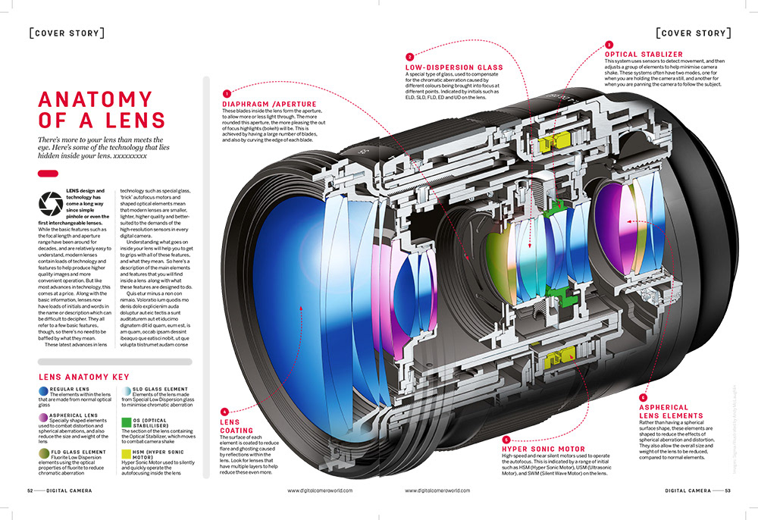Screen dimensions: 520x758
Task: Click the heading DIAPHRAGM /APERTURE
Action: pyautogui.click(x=269, y=104)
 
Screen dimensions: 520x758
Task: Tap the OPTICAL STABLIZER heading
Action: pyautogui.click(x=644, y=55)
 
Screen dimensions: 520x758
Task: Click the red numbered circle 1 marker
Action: pyautogui.click(x=226, y=93)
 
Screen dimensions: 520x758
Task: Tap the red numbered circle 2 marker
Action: pyautogui.click(x=409, y=57)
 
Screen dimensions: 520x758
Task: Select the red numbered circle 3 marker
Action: pyautogui.click(x=609, y=44)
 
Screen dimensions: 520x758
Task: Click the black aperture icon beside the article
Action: pyautogui.click(x=51, y=202)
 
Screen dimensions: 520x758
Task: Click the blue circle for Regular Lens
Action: pyautogui.click(x=43, y=390)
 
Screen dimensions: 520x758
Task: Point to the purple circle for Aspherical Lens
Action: pyautogui.click(x=43, y=419)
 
